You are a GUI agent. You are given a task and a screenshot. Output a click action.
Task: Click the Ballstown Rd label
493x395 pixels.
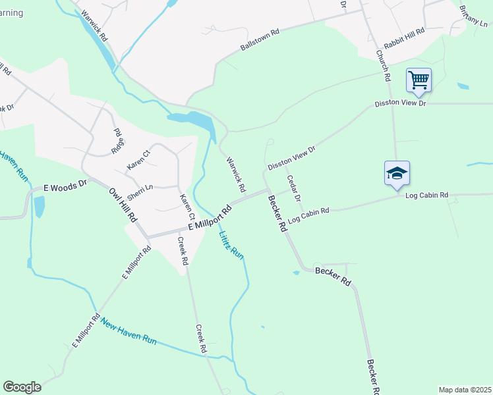[x=260, y=39]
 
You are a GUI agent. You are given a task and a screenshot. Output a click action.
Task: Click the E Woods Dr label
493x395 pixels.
[x=65, y=187]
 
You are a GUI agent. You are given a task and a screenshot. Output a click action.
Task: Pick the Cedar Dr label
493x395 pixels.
[x=293, y=188]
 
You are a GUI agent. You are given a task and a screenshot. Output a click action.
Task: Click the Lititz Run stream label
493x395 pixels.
[x=232, y=244]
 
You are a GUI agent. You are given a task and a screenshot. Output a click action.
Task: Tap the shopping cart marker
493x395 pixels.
[x=419, y=81]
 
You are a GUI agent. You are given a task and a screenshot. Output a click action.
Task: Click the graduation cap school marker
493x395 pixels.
[x=397, y=174]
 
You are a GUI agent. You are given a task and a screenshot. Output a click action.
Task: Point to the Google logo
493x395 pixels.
[x=22, y=387]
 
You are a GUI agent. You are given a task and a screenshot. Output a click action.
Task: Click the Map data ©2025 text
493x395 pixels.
[x=465, y=390]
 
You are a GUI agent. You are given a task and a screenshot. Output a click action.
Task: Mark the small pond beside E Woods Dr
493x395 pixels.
[x=39, y=206]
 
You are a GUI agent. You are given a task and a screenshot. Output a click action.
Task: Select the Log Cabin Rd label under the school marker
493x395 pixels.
[x=426, y=196]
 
